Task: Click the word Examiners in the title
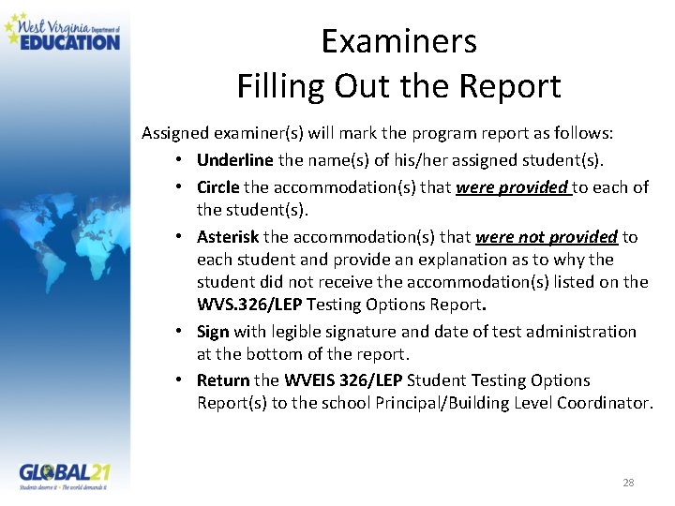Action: (398, 41)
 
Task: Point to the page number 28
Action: (628, 483)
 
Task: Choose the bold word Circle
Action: (218, 187)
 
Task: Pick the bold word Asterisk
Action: (229, 237)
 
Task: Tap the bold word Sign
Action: (213, 332)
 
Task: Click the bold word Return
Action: (223, 380)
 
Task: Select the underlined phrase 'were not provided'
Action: (547, 237)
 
